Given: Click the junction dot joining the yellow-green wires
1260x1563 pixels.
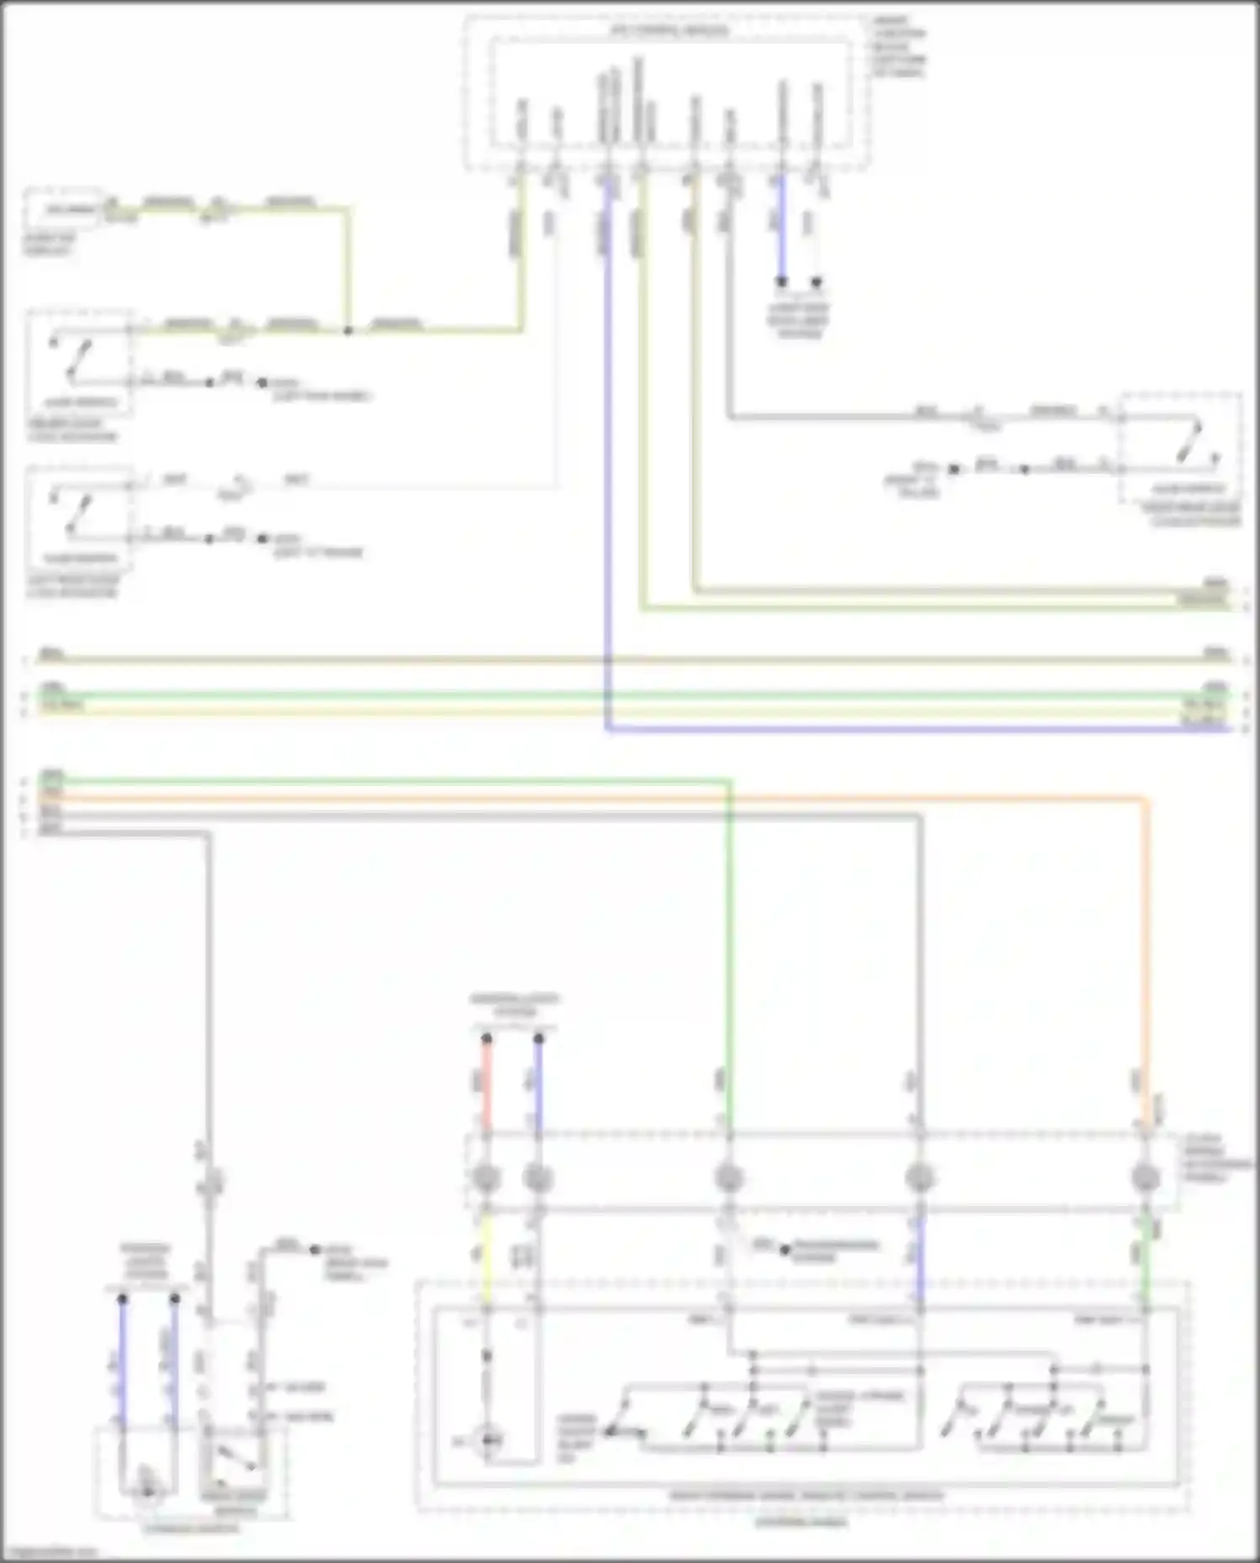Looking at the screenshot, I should [347, 330].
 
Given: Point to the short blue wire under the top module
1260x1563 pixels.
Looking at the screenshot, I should [781, 227].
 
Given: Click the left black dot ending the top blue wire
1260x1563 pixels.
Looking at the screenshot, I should [781, 282].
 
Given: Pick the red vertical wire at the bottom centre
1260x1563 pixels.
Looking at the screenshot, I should [486, 1083].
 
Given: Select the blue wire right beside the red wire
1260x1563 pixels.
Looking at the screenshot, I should [538, 1083].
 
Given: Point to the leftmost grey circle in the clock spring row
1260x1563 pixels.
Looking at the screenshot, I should [486, 1178].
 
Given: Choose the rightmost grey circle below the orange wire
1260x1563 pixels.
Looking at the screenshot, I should [1144, 1178].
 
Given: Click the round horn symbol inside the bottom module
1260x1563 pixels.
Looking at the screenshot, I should [488, 1441].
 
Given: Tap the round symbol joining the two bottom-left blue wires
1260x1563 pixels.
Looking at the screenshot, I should [148, 1491].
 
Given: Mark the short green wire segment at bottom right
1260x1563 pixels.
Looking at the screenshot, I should [1144, 1260].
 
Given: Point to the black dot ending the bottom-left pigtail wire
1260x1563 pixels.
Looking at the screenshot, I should [314, 1249].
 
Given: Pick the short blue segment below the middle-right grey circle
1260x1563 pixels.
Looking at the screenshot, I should [920, 1260].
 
